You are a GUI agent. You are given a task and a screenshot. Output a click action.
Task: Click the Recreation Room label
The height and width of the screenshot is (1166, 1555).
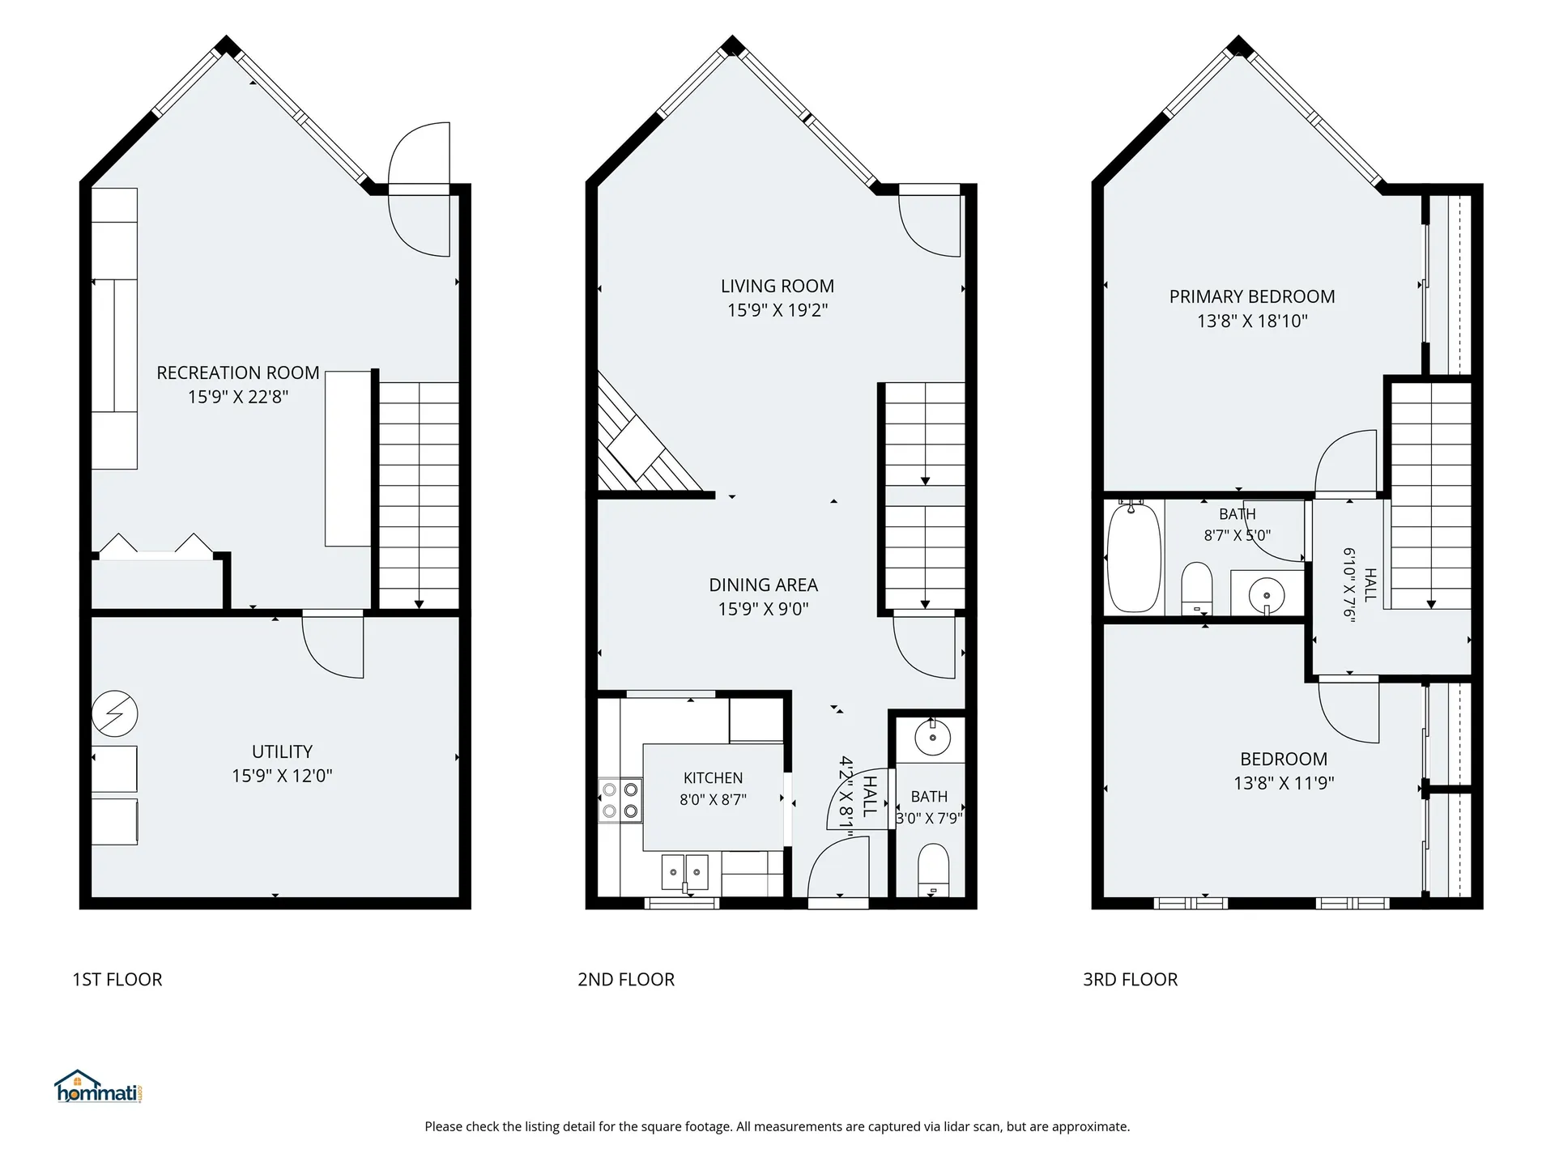238,373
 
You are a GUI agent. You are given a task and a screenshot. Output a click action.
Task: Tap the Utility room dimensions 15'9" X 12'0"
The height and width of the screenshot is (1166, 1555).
282,776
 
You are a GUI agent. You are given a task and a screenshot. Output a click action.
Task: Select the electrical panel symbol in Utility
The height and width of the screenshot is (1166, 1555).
115,714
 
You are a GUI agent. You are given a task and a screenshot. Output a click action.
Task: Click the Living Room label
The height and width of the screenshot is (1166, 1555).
777,286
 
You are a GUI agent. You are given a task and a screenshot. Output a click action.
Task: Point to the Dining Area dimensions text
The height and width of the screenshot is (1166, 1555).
764,609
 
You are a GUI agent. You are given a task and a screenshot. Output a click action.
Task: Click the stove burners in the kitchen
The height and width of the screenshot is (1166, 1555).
620,800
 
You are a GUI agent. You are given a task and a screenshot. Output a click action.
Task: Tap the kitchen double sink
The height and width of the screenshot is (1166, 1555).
685,873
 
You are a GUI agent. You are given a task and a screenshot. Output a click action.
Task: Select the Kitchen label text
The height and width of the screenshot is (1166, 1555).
714,778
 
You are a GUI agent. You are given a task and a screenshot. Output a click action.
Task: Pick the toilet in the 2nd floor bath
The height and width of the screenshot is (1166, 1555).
933,870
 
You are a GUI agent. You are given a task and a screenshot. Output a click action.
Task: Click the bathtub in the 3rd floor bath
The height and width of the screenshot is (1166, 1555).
1134,558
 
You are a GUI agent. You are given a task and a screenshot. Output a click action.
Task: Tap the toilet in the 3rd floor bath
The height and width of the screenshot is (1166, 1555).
1196,589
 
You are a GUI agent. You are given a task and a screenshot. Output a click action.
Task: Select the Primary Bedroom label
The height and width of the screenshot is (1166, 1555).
1252,296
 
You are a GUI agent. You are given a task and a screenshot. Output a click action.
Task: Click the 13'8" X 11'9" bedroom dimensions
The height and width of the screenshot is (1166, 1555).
1284,783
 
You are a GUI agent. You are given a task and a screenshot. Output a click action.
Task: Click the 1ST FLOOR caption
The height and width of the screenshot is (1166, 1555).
117,980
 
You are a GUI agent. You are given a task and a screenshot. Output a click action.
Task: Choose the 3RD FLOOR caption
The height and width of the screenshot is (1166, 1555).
1131,980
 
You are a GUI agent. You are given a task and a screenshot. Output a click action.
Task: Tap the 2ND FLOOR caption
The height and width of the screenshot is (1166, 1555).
626,980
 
